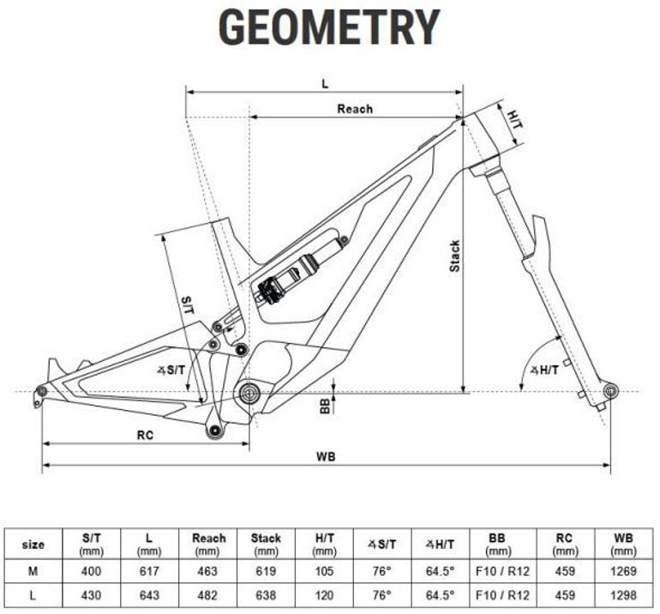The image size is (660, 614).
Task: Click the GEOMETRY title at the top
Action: pos(329,27)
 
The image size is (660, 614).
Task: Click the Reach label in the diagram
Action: pos(355,109)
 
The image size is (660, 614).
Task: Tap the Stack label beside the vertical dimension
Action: pos(455,256)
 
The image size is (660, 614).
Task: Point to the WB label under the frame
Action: pos(326,456)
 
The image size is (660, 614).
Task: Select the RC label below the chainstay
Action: pos(145,435)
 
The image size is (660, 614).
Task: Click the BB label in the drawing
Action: pos(325,406)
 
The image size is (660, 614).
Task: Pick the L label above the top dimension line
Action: pos(325,84)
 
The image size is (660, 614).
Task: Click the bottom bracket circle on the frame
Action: pos(250,393)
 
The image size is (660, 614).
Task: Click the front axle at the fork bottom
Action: pos(611,391)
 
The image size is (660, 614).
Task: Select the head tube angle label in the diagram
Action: pos(544,370)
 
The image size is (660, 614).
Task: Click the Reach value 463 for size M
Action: pos(207,571)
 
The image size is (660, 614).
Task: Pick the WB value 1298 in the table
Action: pos(623,595)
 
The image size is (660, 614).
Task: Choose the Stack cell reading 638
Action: pos(266,595)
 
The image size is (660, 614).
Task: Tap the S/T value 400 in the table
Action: pos(92,571)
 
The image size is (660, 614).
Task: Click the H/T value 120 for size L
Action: pos(324,595)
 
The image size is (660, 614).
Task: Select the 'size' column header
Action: pos(33,545)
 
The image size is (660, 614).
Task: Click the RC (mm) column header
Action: pos(565,544)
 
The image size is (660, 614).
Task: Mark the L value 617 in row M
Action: pos(149,571)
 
